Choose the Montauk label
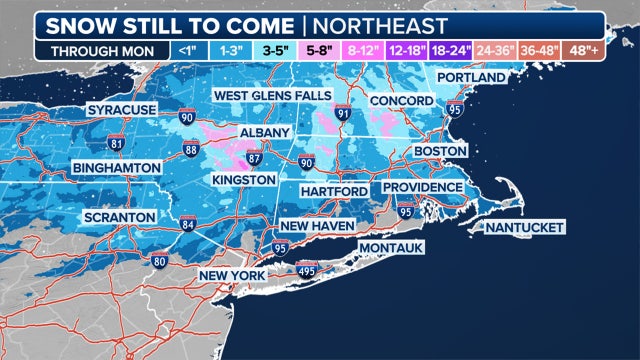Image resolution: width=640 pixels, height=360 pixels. coord(391,246)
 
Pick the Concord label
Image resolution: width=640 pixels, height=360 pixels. coord(399,101)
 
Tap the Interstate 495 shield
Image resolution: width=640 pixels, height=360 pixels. coord(308,269)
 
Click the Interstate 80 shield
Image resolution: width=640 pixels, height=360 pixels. coord(160,262)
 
